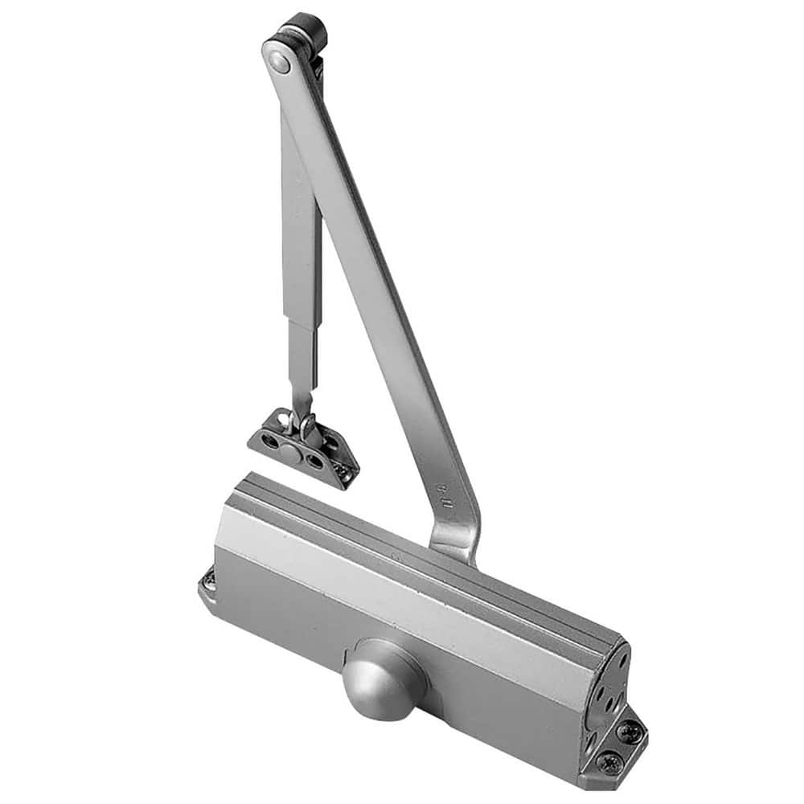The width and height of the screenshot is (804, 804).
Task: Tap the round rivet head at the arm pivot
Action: [278, 59]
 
